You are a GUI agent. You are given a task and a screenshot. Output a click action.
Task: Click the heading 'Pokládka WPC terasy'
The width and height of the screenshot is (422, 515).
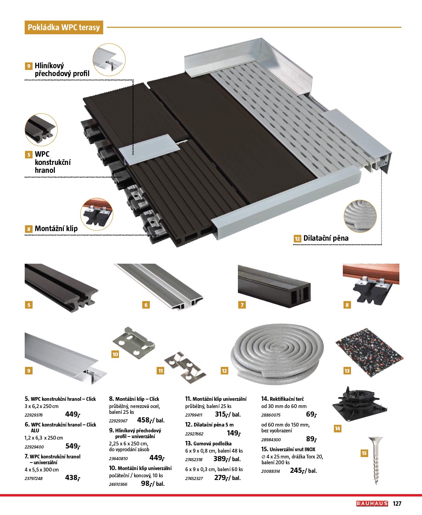point(64,27)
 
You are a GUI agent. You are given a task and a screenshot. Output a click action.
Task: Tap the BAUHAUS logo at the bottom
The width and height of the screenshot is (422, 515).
point(372,503)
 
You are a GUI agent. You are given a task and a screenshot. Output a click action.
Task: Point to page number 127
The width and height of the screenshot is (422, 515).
point(397,503)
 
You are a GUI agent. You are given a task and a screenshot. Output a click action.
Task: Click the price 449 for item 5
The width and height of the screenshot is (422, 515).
point(72,414)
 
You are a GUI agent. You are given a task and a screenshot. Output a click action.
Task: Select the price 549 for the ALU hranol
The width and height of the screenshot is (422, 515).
point(72,446)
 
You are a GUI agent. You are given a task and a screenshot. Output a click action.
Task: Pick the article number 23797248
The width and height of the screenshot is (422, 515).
point(34,478)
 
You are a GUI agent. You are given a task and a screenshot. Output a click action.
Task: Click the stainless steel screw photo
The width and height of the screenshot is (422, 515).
point(376,460)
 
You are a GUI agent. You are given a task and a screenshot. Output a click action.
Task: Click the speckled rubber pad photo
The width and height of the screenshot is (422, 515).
point(369,352)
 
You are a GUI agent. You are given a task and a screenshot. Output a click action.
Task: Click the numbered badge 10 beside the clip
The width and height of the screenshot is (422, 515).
point(115,354)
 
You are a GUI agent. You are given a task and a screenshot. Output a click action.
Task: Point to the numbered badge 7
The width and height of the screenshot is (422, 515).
point(242,305)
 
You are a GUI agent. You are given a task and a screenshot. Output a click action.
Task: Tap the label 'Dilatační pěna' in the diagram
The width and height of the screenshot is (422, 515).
point(326,238)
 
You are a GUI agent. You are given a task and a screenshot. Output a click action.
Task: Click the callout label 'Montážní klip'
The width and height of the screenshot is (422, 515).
point(56,229)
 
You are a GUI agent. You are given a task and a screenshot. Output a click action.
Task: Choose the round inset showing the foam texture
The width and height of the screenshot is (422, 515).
point(360,217)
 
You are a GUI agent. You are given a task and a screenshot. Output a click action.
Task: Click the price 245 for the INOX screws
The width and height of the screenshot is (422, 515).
point(297,471)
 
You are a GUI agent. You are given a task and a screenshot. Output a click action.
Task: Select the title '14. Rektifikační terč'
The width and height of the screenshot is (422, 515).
point(282,399)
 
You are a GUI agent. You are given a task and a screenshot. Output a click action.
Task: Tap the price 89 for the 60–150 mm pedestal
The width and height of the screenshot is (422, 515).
point(311,439)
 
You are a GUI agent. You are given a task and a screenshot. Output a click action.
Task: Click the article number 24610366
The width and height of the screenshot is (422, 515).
point(118,484)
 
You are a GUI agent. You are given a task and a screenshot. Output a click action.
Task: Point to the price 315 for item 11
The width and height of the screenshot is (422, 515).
point(221,414)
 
